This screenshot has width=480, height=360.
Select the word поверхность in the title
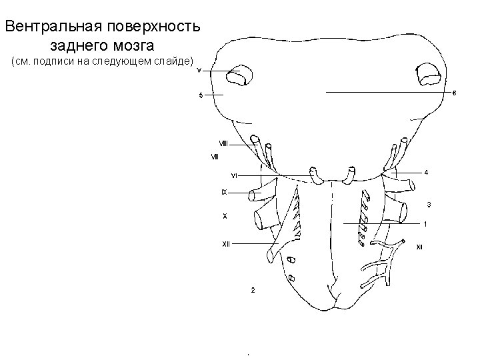coord(159,28)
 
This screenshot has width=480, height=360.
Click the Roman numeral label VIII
coord(224,143)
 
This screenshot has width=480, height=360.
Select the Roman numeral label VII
coord(215,157)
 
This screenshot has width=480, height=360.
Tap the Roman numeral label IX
coord(225,192)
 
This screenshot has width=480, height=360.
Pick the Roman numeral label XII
coord(226,244)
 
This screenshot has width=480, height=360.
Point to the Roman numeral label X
coord(225,216)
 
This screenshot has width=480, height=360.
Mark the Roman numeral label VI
coord(234,175)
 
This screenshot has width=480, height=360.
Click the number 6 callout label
coord(454,92)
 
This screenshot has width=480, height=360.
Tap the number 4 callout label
coord(426,173)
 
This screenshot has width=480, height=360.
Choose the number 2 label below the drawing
coord(252,291)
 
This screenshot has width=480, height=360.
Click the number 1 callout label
coord(426,223)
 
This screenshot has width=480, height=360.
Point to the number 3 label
coord(429,203)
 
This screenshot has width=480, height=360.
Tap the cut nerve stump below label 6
coord(427,75)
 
